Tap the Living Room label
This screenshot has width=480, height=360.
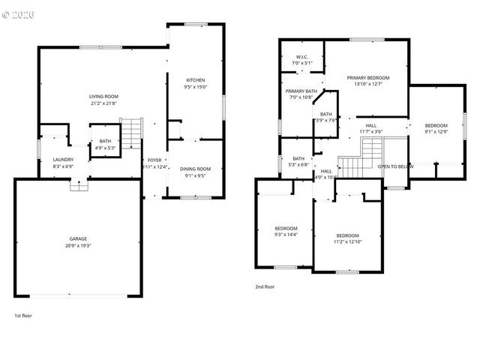coord(104,97)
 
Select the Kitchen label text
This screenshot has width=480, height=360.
coord(195,80)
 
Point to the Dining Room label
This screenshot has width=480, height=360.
coord(195,169)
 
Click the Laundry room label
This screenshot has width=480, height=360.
coord(63,159)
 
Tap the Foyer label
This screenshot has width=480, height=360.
coord(154,160)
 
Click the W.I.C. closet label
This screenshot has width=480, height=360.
coord(302,57)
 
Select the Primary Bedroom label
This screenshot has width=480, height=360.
coord(367,77)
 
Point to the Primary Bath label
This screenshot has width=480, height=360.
coord(301,91)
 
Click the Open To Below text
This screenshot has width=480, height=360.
coord(395,166)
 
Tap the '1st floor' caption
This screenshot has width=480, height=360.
coord(22,316)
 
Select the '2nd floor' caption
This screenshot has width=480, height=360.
coord(264,286)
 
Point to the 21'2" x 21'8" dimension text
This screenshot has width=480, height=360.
coord(104,103)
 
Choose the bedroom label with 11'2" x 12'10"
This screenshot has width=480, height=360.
coord(347,235)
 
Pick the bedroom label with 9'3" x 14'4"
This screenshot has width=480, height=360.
coord(286,228)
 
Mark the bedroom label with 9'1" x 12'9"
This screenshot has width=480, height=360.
coord(436,125)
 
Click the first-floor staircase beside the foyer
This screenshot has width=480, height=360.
coord(131,133)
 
